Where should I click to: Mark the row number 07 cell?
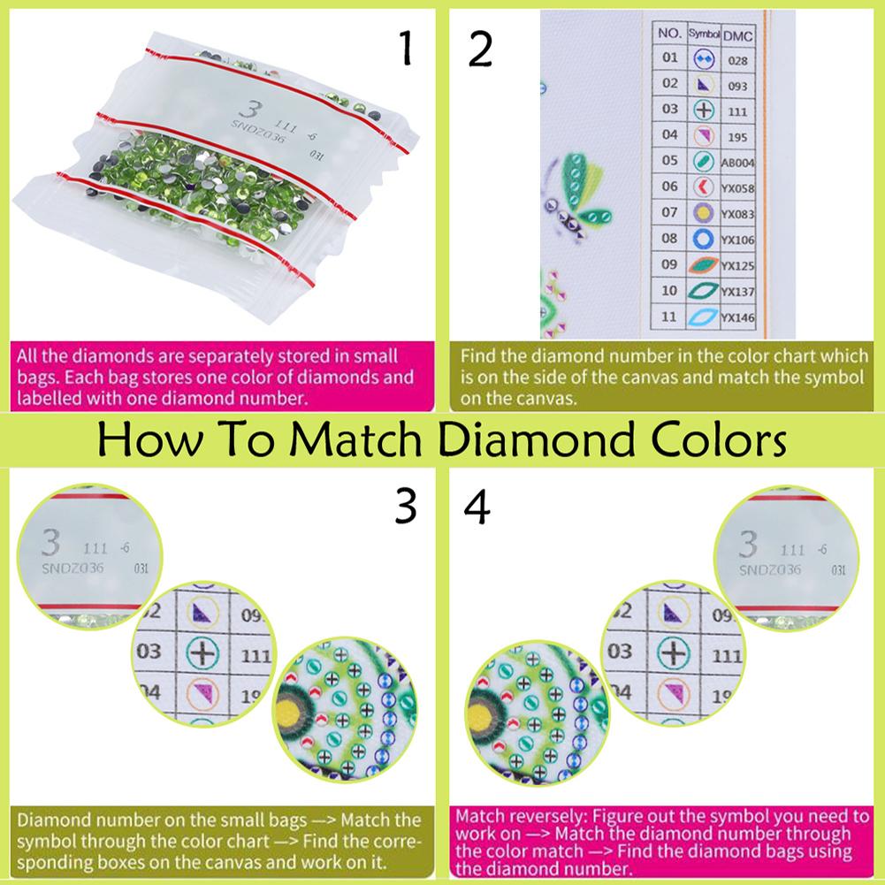tap(669, 213)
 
